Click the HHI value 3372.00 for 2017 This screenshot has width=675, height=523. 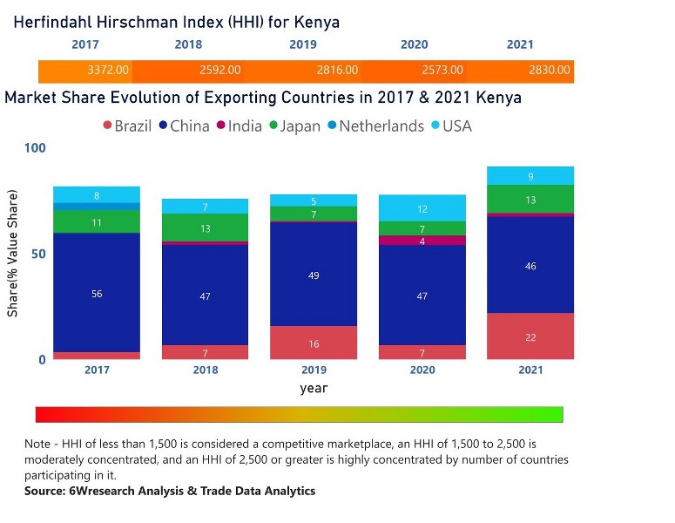(108, 70)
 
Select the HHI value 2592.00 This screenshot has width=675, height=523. (219, 70)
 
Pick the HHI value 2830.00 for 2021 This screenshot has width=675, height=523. (549, 70)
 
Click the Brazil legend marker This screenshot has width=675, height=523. (108, 126)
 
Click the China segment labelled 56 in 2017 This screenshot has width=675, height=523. (97, 293)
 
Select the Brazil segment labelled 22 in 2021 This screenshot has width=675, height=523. (531, 336)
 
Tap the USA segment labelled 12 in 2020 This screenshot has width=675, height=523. (422, 208)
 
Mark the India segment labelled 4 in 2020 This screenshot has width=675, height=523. (422, 241)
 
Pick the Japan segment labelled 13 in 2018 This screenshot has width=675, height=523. (206, 228)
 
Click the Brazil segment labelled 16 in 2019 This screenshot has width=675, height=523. (314, 343)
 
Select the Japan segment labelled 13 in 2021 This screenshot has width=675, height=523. (531, 200)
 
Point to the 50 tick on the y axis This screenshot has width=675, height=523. (37, 254)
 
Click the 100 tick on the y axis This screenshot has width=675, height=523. (34, 148)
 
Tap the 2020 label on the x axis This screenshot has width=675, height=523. (422, 370)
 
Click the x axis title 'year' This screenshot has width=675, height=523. (314, 388)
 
